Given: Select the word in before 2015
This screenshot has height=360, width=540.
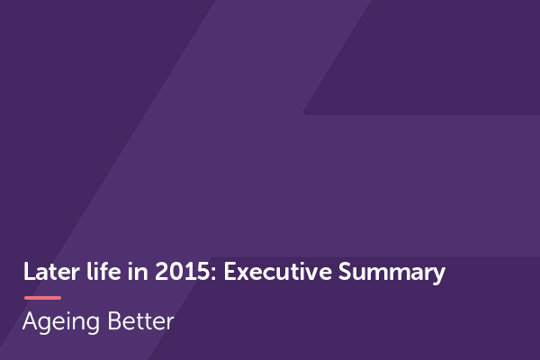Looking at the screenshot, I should [130, 273].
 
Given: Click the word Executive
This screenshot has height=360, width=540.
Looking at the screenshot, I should [271, 273].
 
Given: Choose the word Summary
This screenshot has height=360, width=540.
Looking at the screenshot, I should [393, 273].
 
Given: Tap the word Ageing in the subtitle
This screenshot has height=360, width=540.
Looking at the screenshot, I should [64, 322].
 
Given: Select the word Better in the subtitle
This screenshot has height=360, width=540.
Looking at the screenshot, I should [142, 321].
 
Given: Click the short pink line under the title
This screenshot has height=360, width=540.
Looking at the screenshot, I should [42, 297].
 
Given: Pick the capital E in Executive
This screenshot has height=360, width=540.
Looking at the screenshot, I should [229, 273].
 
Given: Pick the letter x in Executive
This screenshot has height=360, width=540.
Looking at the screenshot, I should [243, 274].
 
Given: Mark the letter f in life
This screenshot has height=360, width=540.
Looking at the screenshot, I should [95, 273].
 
